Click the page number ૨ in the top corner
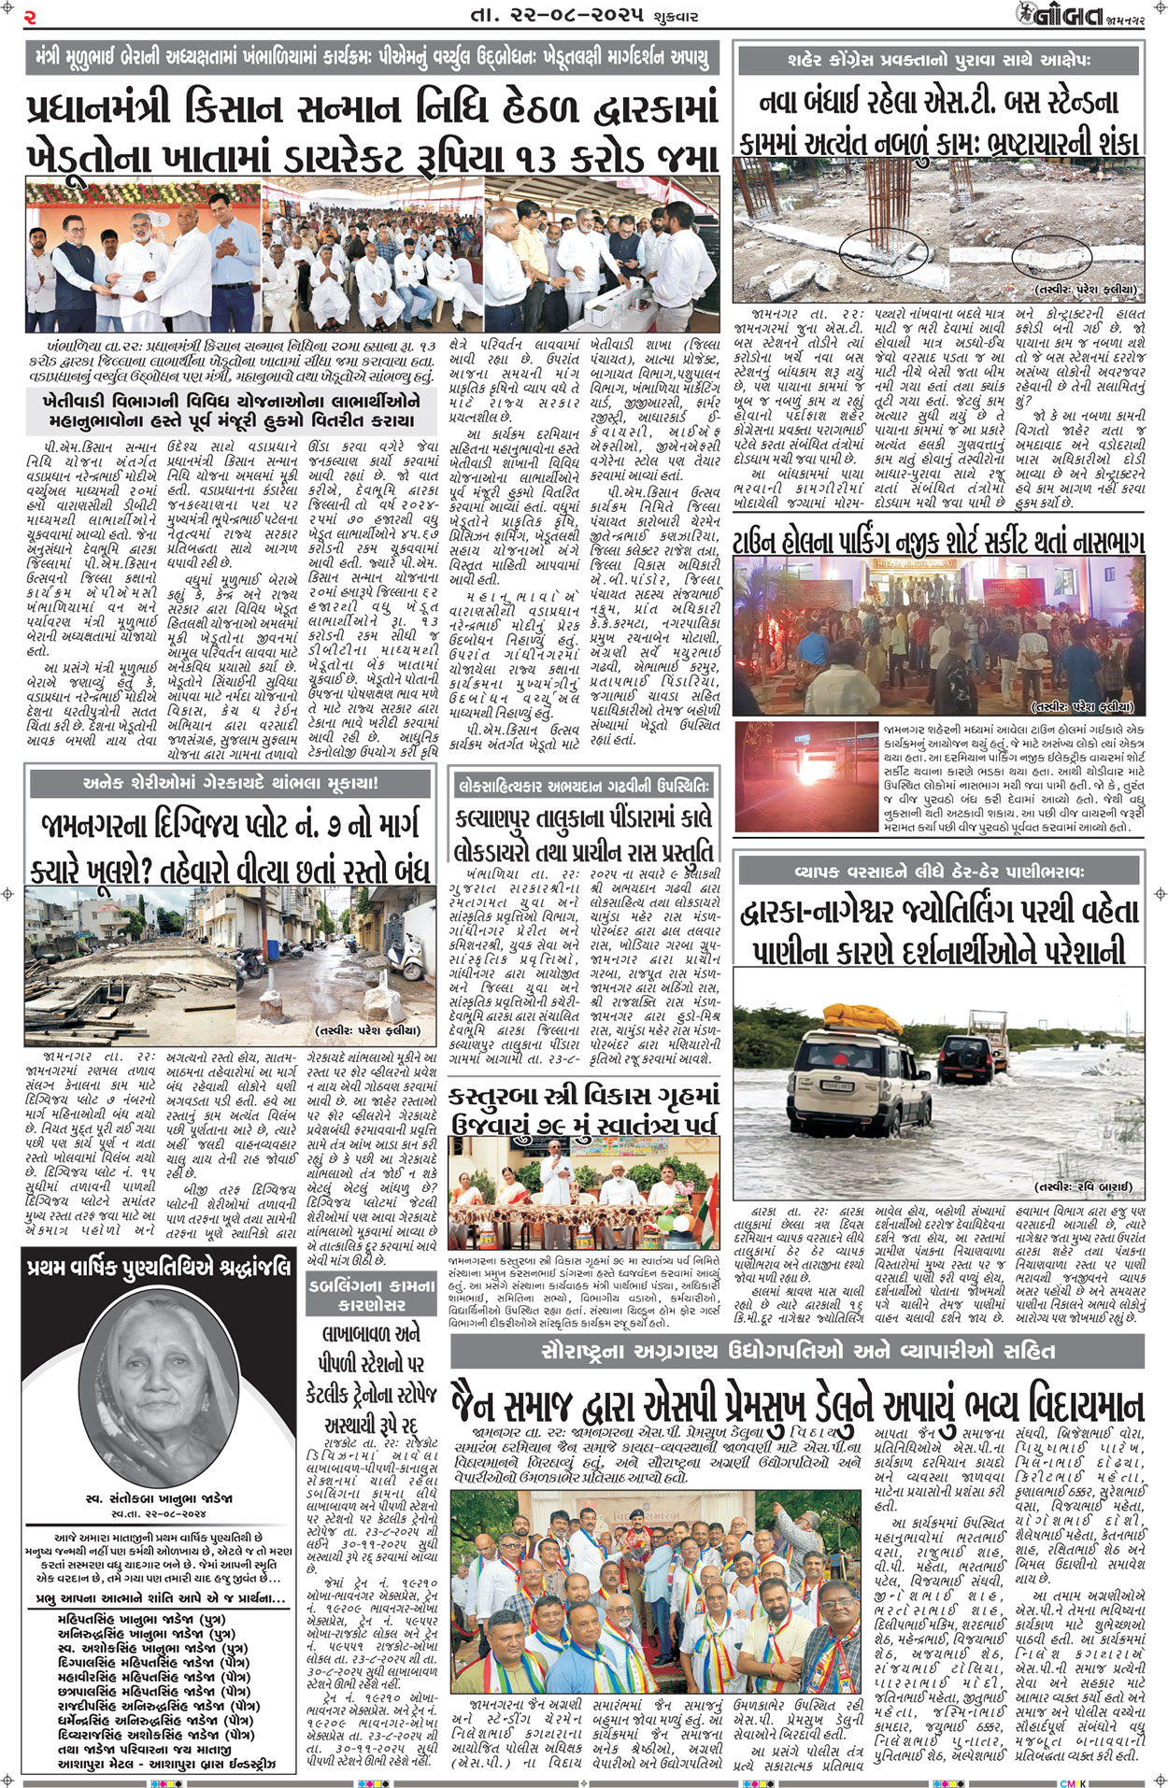tap(30, 17)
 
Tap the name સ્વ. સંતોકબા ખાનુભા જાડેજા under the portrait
tap(159, 1497)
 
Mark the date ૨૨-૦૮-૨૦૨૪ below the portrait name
tap(159, 1512)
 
